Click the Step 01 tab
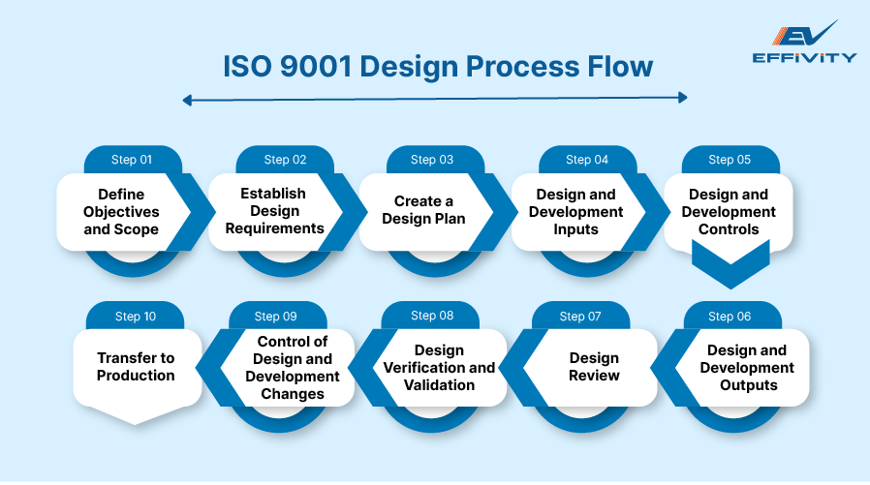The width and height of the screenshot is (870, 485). coord(133,160)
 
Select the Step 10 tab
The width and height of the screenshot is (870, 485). coord(135,317)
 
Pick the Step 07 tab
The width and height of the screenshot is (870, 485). coord(580,317)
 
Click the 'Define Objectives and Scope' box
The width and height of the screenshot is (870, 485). coord(121,212)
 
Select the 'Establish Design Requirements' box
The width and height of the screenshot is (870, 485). coord(274,211)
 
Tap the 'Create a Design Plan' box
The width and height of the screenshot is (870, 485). coord(423,210)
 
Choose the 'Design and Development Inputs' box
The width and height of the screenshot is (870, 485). coord(575,212)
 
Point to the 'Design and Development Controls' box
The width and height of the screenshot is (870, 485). coord(729,212)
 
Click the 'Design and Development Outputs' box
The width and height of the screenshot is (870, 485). coord(747,367)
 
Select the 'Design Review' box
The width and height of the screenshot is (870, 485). coord(593,367)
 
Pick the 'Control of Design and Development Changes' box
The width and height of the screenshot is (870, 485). coord(292,367)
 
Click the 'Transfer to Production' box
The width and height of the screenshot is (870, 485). coord(136,367)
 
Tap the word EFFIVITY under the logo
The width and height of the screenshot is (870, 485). coord(804,57)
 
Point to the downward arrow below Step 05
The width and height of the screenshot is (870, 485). coord(730,266)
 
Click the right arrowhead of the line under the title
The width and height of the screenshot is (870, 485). coord(683,98)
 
